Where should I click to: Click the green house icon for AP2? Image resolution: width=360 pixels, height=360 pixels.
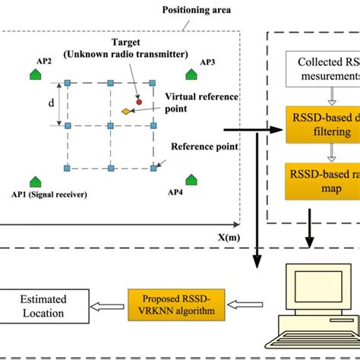pos(35,73)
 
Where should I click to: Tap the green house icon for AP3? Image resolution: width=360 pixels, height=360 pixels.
pos(191,73)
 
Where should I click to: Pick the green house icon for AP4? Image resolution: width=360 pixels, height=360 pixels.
pos(191,179)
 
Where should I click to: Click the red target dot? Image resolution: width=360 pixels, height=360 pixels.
pos(138,100)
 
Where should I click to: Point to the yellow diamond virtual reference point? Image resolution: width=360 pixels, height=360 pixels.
pos(125,112)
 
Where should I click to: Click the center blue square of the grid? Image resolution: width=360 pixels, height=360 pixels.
pos(111,125)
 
